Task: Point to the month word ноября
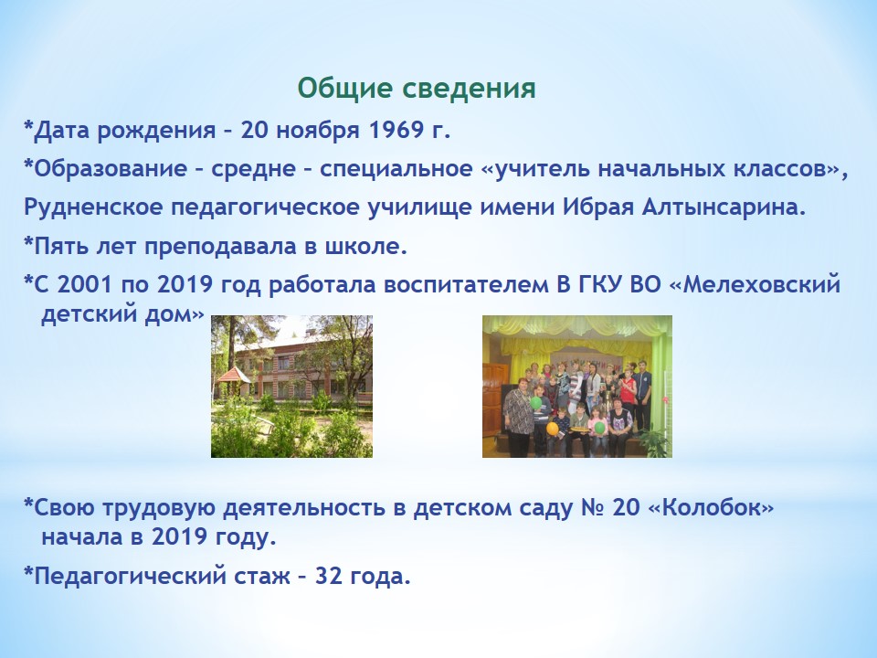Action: pos(317,132)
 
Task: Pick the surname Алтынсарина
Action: pos(724,208)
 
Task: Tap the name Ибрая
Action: pos(597,208)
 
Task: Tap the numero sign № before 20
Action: pos(593,508)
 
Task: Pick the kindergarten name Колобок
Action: pos(711,508)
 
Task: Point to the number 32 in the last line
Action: pos(329,576)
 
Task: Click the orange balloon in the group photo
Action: pos(552,430)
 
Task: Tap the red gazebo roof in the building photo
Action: pos(234,375)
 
